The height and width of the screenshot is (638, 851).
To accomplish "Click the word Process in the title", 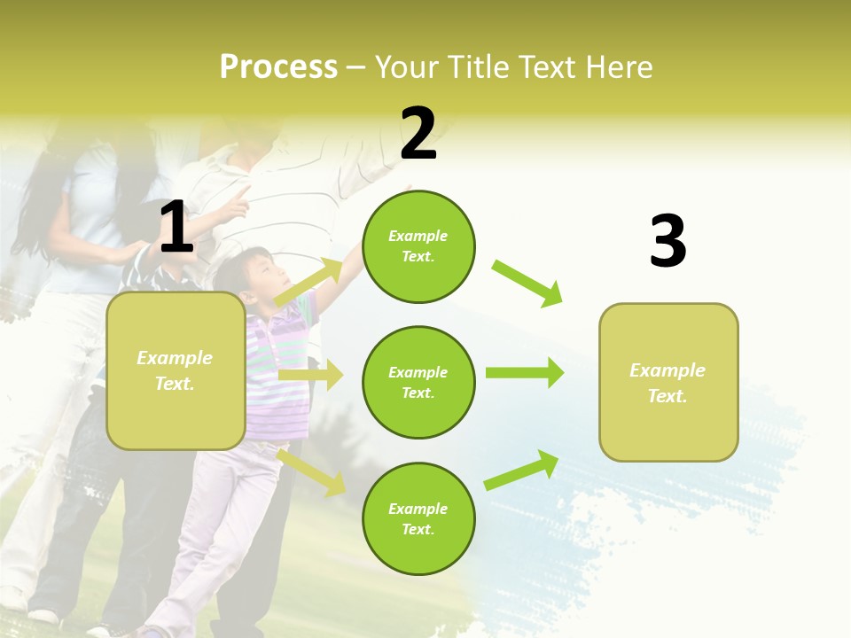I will (278, 67).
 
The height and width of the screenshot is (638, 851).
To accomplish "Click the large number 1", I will (176, 229).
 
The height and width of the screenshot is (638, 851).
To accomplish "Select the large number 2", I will (418, 134).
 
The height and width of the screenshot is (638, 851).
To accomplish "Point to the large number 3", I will (668, 242).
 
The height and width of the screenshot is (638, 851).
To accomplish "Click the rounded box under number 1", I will (176, 370).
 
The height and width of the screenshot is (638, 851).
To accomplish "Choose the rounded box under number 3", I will (668, 382).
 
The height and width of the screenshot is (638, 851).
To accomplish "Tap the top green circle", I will (418, 246).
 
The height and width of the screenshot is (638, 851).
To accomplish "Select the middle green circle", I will (418, 382).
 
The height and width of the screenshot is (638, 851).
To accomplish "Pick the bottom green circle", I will (418, 518).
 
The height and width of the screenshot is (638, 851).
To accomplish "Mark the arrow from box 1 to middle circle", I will (310, 376).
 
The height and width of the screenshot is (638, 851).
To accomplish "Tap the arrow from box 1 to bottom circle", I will (311, 472).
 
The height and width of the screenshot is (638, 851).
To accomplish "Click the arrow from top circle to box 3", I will (527, 284).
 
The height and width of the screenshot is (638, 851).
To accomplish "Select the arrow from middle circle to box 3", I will (524, 373).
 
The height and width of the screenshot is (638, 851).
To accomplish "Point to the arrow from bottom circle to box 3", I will (521, 471).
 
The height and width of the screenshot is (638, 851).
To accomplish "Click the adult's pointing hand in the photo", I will (235, 202).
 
